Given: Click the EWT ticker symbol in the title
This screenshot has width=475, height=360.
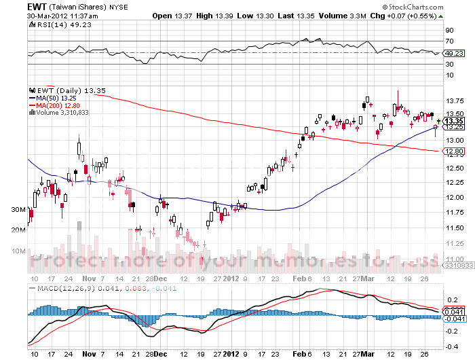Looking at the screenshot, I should coord(37,5).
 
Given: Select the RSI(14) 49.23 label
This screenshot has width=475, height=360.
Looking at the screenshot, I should coord(54,24).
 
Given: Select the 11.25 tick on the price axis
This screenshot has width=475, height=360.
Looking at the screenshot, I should coord(455,243).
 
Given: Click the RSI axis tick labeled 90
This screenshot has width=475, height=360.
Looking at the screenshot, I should coord(449,31).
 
